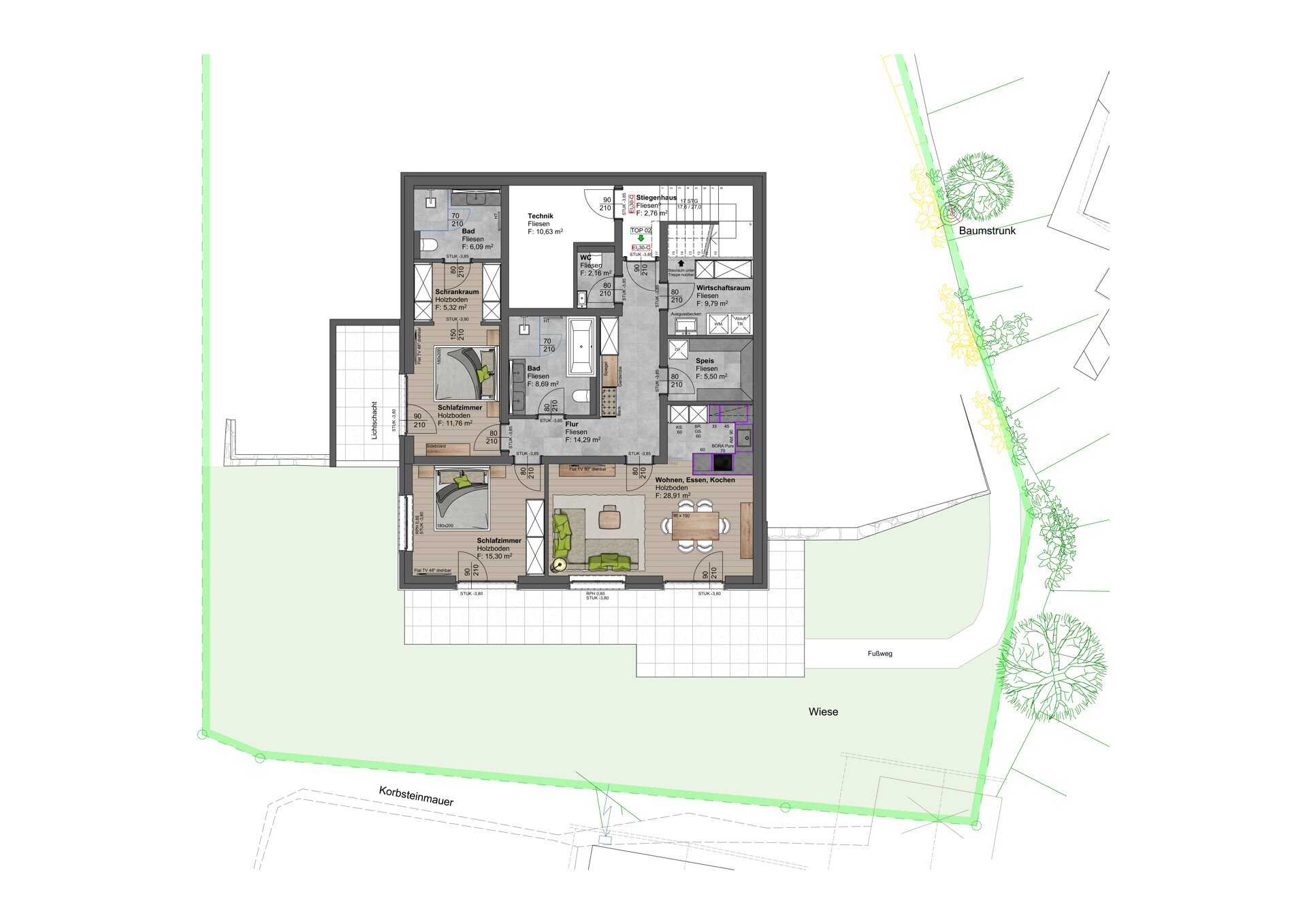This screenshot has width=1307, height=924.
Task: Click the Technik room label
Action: pyautogui.click(x=540, y=216)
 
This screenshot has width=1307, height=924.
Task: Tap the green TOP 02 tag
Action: pyautogui.click(x=641, y=230)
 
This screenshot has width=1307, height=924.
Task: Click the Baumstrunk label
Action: pyautogui.click(x=986, y=231)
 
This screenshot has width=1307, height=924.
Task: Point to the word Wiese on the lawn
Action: pyautogui.click(x=823, y=712)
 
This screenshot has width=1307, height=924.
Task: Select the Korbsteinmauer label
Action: pyautogui.click(x=416, y=795)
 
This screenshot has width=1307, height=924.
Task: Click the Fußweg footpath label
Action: pyautogui.click(x=880, y=654)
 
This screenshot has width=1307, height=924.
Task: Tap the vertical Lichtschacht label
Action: pyautogui.click(x=374, y=420)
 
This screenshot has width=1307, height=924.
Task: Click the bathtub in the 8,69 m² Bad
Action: pyautogui.click(x=581, y=347)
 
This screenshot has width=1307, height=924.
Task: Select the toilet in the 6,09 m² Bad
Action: pyautogui.click(x=429, y=245)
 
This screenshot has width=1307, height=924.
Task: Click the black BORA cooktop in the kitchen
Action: pyautogui.click(x=722, y=463)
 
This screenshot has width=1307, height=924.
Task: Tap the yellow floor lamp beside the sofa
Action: pyautogui.click(x=560, y=564)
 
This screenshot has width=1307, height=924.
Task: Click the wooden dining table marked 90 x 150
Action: pyautogui.click(x=695, y=526)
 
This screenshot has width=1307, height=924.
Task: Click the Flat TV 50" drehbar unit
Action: pyautogui.click(x=587, y=469)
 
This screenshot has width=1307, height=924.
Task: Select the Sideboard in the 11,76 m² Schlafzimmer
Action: pyautogui.click(x=447, y=449)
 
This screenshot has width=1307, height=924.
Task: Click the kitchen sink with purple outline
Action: pyautogui.click(x=744, y=438)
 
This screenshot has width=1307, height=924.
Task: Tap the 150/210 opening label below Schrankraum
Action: pyautogui.click(x=457, y=334)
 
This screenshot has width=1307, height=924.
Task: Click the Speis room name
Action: pyautogui.click(x=705, y=361)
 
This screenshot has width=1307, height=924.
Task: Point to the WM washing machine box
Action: pyautogui.click(x=718, y=324)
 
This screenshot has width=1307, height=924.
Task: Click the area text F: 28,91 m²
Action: pyautogui.click(x=673, y=496)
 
